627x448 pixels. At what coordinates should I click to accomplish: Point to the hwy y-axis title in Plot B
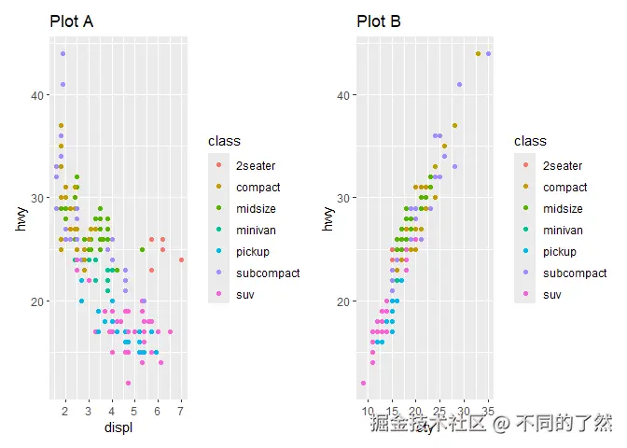(327, 218)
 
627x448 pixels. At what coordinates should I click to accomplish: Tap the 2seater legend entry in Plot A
(253, 166)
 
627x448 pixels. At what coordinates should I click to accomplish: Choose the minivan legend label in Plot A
(256, 231)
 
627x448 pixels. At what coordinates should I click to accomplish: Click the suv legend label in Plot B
(552, 295)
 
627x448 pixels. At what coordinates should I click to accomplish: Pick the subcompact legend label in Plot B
(574, 273)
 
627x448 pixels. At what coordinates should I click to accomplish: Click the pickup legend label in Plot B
(560, 252)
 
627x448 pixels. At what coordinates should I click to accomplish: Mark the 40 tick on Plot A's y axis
(35, 95)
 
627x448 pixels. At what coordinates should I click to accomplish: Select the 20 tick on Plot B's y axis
(342, 301)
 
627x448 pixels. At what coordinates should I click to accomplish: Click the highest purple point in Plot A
(63, 53)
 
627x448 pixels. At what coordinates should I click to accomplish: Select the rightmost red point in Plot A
(181, 259)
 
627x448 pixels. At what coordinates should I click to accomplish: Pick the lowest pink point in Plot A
(128, 383)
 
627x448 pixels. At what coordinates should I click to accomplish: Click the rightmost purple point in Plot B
(488, 53)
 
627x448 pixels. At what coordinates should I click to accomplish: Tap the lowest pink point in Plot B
(363, 383)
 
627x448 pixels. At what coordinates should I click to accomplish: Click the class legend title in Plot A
(224, 141)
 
